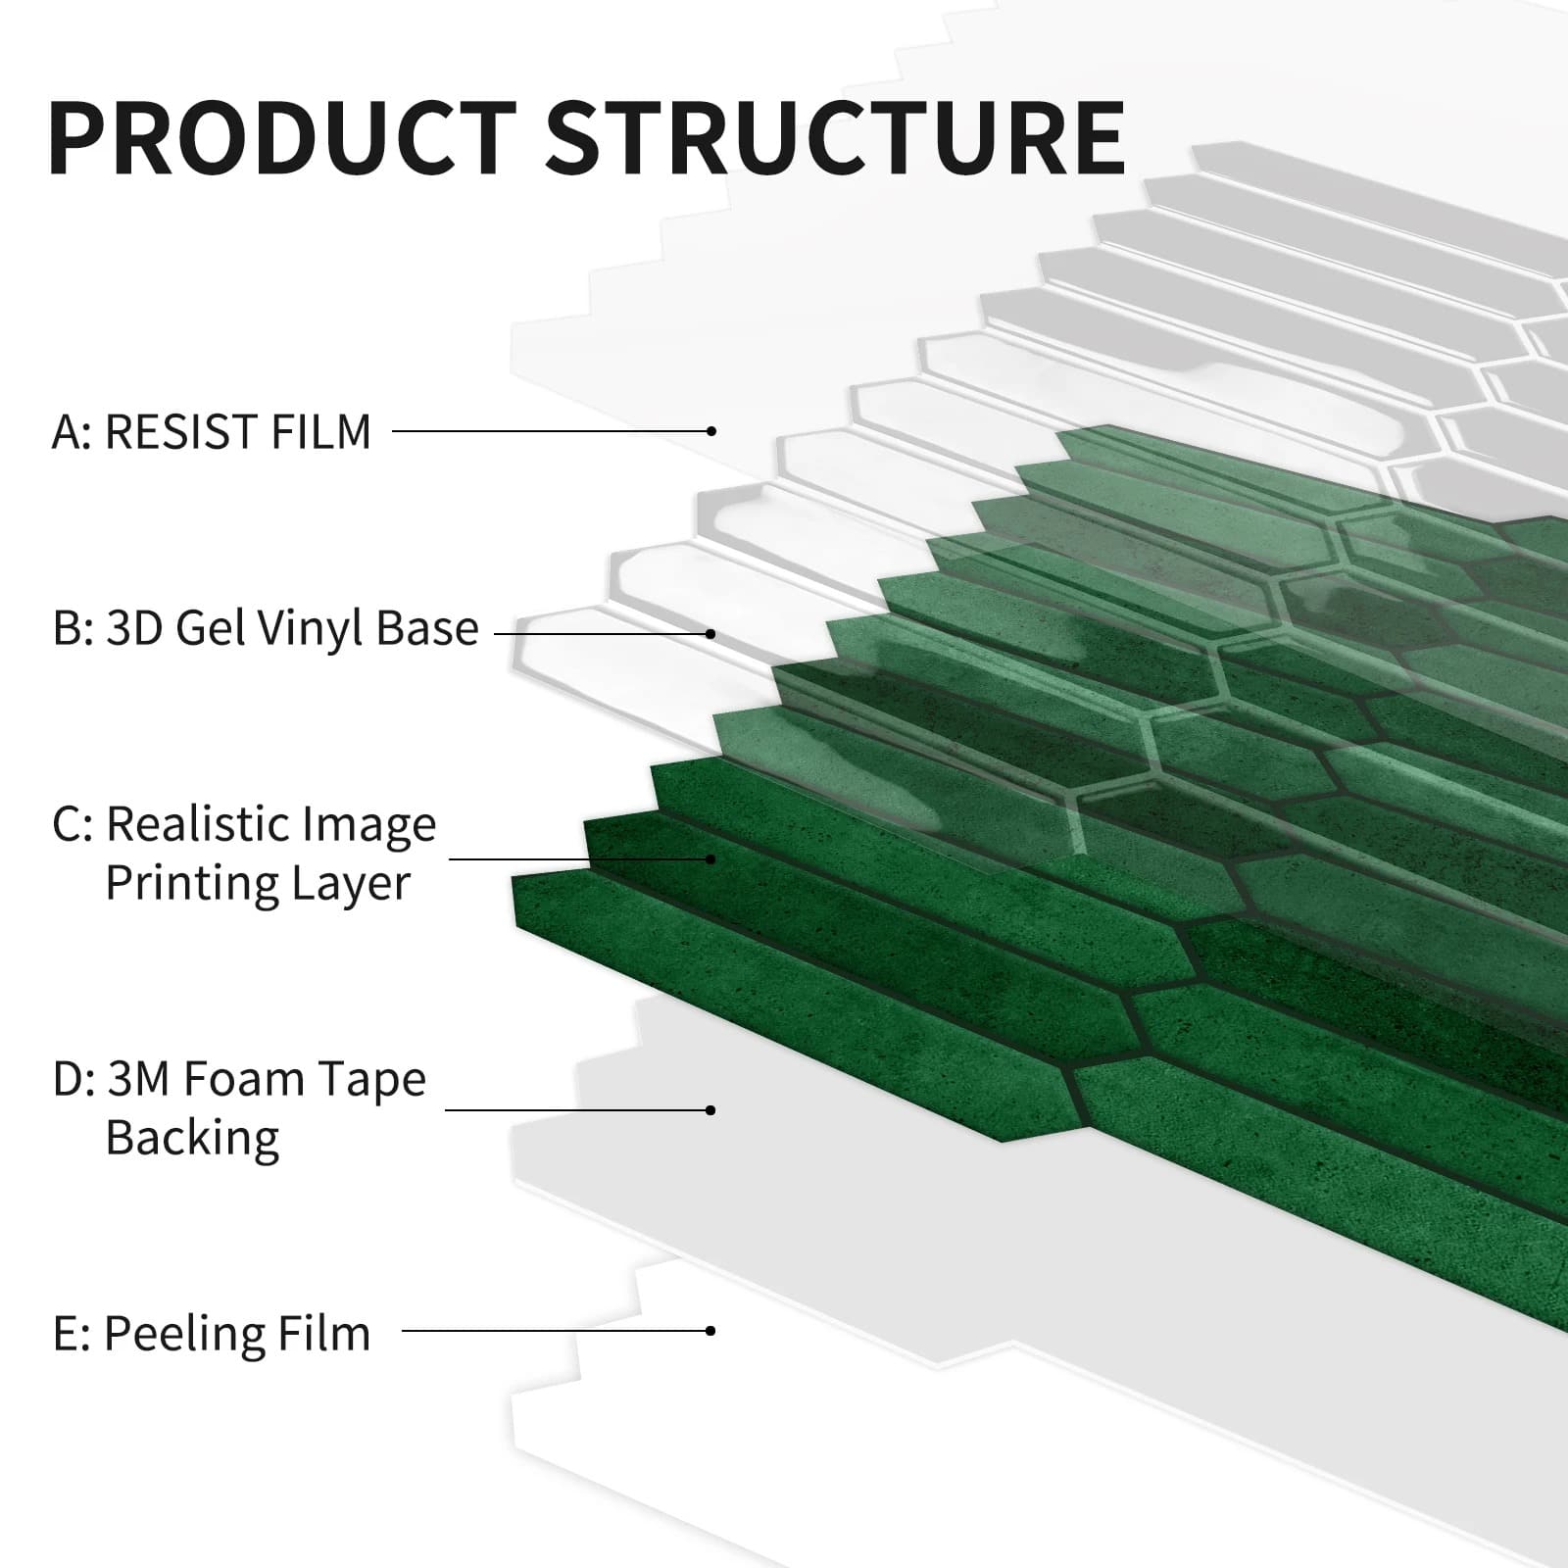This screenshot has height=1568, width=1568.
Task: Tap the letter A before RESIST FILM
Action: tap(67, 432)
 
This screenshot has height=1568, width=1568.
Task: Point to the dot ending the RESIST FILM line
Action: tap(711, 431)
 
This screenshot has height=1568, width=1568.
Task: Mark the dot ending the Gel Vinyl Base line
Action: tap(711, 634)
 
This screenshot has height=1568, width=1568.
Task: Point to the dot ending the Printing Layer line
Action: tap(711, 859)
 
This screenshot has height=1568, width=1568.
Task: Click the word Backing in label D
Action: tap(192, 1138)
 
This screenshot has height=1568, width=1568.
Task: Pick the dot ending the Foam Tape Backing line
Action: tap(711, 1110)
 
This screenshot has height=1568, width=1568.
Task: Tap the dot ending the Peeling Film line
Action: tap(711, 1331)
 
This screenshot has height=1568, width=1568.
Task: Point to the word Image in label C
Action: tap(373, 824)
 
